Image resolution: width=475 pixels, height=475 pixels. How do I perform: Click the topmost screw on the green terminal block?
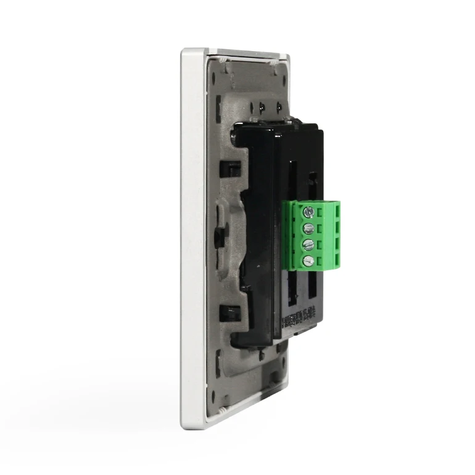tap(309, 212)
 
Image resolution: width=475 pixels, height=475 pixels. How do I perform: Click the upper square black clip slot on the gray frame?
tap(229, 168)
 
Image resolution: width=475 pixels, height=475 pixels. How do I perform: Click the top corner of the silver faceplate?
tap(185, 53)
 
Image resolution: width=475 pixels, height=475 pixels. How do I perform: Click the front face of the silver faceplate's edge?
tap(192, 241)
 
